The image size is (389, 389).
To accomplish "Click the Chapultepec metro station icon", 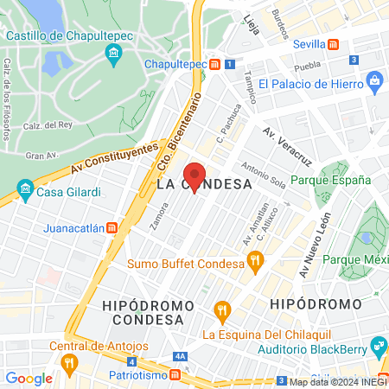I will click(x=227, y=64).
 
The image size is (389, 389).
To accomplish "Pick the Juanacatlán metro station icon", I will click(x=112, y=229).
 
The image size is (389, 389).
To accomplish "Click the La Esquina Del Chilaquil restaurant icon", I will click(x=222, y=309).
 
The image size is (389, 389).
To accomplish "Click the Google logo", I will click(x=29, y=378).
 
